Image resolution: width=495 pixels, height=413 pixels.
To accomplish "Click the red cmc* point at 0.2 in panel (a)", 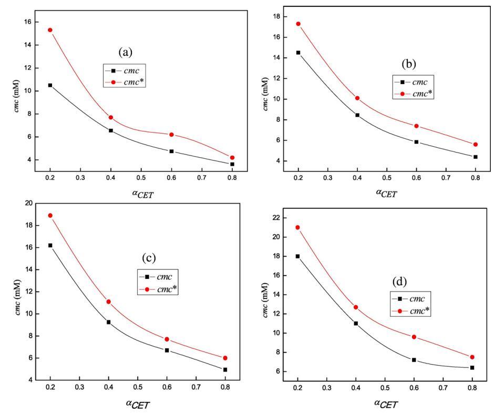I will (50, 30).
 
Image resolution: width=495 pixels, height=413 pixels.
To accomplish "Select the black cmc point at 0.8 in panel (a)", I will (232, 164).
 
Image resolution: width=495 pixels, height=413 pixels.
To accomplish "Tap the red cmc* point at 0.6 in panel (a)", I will (171, 135).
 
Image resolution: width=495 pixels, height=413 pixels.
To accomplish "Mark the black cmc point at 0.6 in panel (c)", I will (167, 350).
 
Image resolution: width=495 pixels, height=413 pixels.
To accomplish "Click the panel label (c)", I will (150, 259).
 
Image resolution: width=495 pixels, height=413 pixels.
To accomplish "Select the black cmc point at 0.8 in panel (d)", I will (472, 368).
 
